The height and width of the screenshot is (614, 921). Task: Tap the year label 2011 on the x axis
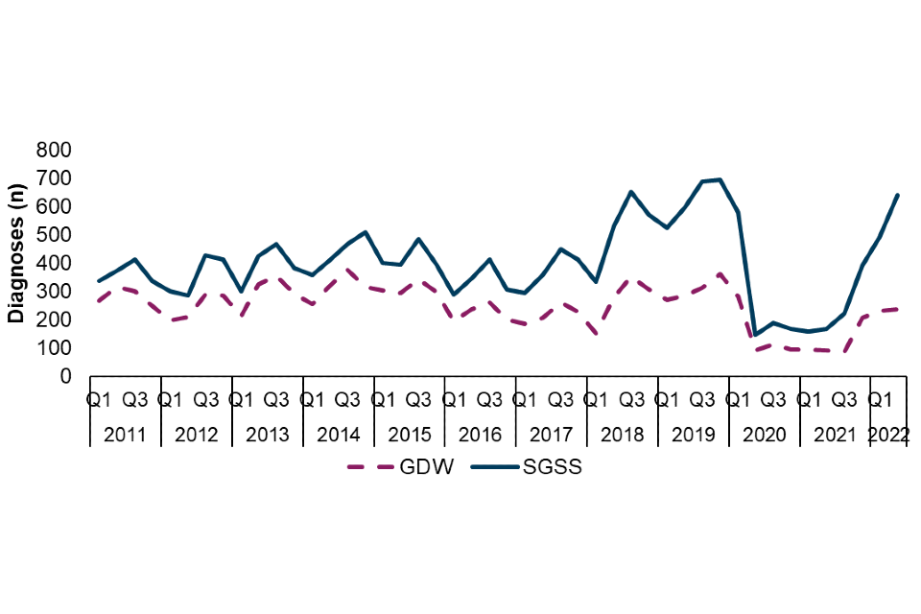(x=125, y=435)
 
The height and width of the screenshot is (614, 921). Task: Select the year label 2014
(x=339, y=435)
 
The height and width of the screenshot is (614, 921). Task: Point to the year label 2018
(x=622, y=435)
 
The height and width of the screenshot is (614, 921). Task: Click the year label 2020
(x=764, y=435)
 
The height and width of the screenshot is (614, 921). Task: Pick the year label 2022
(x=888, y=435)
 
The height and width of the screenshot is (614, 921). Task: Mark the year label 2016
(x=481, y=435)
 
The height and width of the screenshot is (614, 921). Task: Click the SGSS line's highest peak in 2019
(x=720, y=179)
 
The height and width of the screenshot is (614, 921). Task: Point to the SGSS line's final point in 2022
(x=898, y=195)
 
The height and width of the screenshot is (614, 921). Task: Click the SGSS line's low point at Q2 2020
(x=755, y=335)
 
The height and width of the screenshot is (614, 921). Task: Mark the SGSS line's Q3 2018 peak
(x=631, y=192)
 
